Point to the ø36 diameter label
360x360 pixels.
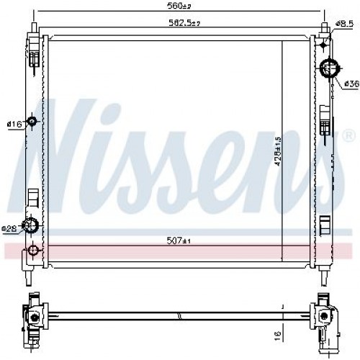pos(351,84)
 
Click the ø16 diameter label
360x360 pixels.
pos(13,125)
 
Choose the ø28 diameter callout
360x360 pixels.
pos(9,229)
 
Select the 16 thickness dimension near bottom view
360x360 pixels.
pos(277,336)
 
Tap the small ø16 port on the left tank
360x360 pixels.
pos(31,122)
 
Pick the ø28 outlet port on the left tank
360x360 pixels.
pos(32,226)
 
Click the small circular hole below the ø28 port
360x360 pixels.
pos(32,251)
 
